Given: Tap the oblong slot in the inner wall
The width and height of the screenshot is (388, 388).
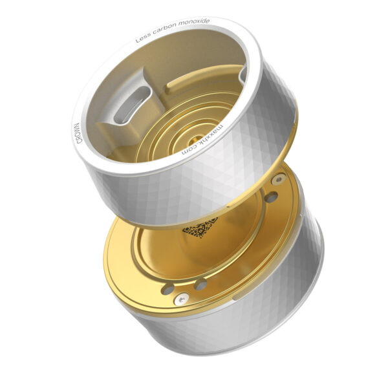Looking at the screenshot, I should (135, 103).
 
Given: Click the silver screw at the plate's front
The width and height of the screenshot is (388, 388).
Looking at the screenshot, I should (182, 298).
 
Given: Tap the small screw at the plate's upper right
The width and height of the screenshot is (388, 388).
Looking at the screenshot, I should (277, 178).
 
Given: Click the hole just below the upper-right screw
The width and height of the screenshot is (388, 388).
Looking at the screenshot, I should (272, 195).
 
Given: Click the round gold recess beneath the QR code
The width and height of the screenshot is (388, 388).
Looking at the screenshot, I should (194, 252).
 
